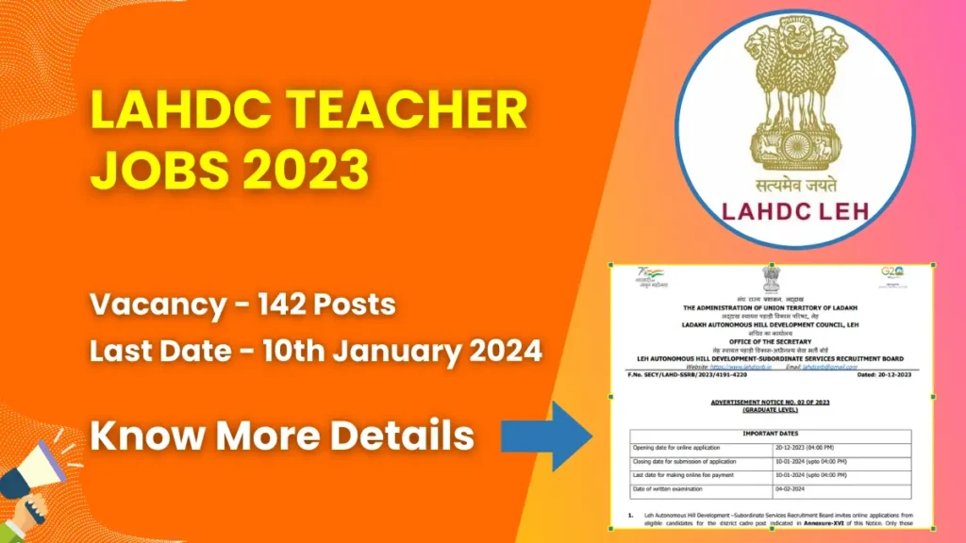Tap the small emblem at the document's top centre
click(x=771, y=278)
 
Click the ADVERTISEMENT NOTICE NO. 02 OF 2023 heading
click(x=771, y=401)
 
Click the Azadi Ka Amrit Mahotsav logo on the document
click(x=650, y=277)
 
